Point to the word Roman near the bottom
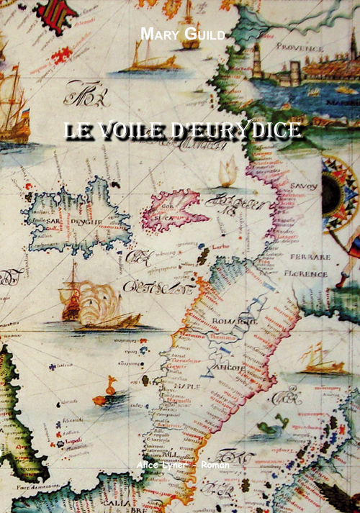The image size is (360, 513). tap(215, 465)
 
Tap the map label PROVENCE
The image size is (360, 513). tap(300, 47)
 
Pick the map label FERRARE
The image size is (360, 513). tap(311, 256)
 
